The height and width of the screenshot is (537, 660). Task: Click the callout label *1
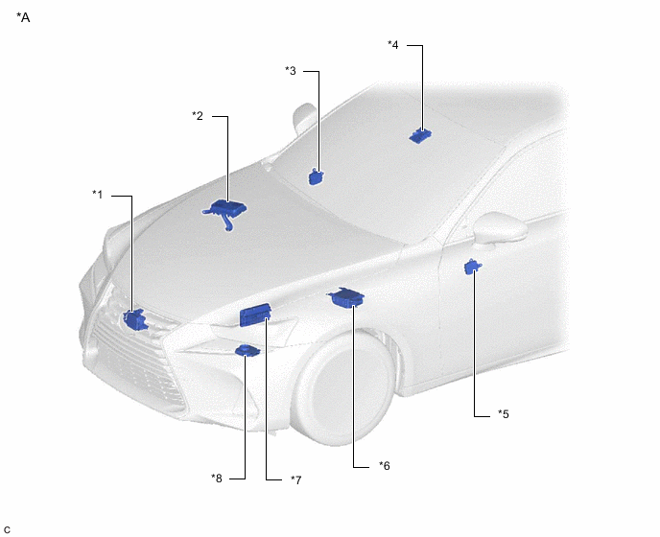[97, 195]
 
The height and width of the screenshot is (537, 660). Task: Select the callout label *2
[198, 116]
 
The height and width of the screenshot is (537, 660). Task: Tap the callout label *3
[291, 71]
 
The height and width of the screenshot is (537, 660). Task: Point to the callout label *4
[392, 45]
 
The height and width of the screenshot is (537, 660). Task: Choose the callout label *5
[504, 414]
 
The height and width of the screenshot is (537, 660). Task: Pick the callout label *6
[385, 466]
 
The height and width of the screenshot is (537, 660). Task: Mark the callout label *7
[296, 479]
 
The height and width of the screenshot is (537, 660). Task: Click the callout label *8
[217, 479]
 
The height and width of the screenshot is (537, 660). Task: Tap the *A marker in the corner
[23, 17]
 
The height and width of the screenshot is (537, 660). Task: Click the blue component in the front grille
[135, 319]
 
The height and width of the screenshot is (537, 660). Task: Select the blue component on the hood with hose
[225, 210]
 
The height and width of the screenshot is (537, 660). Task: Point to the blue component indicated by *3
[316, 177]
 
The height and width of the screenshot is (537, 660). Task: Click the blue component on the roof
[420, 135]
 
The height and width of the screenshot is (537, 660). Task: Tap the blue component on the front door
[473, 268]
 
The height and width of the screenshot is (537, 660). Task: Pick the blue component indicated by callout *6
[347, 297]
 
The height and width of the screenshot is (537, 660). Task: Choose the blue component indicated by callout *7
[255, 315]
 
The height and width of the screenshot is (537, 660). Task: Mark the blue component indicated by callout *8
[247, 351]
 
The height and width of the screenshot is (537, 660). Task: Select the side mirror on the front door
[500, 228]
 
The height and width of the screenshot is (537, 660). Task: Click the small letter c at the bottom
[7, 530]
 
